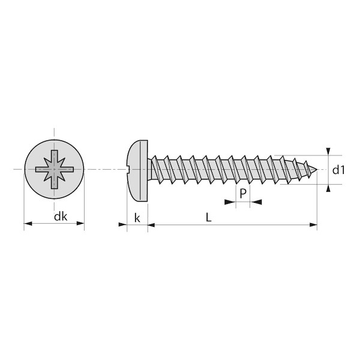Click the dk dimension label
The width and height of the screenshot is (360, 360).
[61, 217]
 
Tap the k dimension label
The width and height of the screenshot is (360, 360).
[137, 218]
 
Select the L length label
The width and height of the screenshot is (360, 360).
[208, 217]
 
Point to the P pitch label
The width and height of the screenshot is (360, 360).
[242, 193]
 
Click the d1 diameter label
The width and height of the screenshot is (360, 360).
[338, 170]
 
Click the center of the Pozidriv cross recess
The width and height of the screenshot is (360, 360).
[54, 169]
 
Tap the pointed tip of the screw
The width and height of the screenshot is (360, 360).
[317, 170]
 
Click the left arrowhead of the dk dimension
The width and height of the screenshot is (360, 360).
[28, 223]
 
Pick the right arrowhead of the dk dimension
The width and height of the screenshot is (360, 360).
[80, 223]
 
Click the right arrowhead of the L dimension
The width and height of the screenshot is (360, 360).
[313, 225]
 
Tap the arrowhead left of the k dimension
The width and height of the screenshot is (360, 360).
[122, 224]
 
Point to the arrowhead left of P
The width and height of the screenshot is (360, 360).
[230, 202]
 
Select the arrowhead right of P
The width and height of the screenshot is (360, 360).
[256, 202]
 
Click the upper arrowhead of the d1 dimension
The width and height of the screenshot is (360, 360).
[329, 151]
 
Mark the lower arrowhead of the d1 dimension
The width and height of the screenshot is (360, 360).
[329, 188]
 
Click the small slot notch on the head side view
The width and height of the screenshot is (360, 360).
[128, 170]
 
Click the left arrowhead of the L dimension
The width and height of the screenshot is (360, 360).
[152, 225]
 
